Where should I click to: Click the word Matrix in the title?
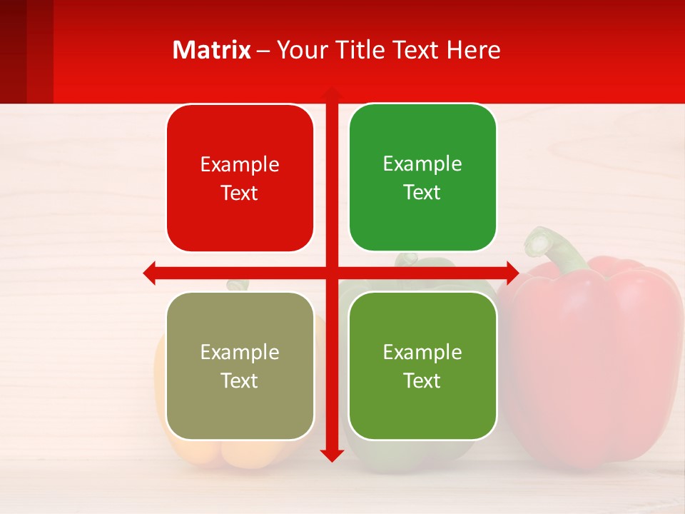pos(212,50)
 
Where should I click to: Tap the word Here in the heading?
pos(474,50)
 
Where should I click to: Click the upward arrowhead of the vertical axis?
pos(332,93)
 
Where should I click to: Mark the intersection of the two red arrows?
pos(332,273)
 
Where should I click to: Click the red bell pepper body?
pos(592,357)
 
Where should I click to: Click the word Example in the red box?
pos(240,165)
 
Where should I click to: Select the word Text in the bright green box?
pos(422,193)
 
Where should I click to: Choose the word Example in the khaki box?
pos(240,353)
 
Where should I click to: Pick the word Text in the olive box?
pos(422,381)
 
